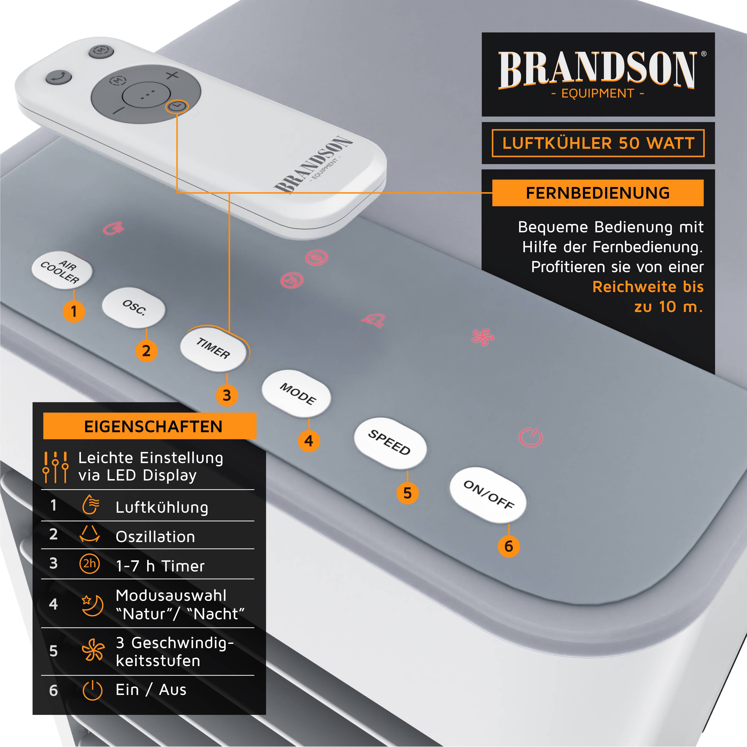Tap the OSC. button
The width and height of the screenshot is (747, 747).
(134, 308)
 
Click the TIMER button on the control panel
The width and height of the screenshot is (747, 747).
(213, 348)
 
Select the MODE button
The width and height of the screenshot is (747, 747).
(297, 394)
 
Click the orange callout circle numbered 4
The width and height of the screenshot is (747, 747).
(309, 441)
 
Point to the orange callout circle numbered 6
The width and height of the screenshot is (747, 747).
(508, 546)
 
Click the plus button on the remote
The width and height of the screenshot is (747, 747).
(173, 75)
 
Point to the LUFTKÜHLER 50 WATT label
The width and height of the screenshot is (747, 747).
(598, 143)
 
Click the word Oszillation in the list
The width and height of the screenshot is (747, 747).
(155, 537)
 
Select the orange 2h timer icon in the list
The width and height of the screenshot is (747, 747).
(89, 564)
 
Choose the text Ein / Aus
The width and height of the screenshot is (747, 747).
(151, 690)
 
